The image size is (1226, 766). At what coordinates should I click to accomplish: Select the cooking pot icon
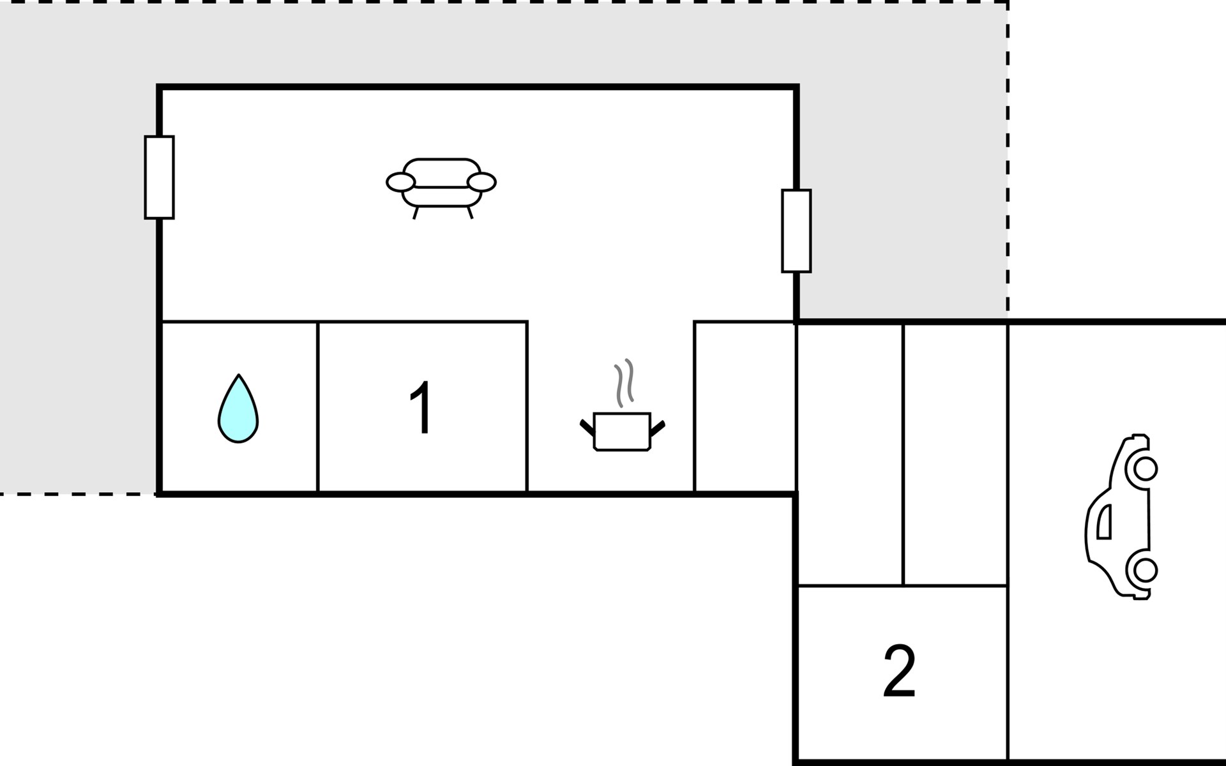[x=622, y=432]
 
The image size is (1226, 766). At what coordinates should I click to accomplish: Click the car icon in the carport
[x=1122, y=517]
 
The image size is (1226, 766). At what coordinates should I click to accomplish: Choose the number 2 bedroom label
[x=899, y=671]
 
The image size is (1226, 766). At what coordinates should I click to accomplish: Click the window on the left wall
[x=159, y=177]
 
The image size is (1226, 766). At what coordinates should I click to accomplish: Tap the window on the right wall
[x=796, y=231]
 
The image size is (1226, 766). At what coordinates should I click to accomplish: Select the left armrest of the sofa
[x=400, y=182]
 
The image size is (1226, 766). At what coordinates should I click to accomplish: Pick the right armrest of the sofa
[x=481, y=182]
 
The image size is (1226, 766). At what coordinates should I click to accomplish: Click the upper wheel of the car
[x=1145, y=469]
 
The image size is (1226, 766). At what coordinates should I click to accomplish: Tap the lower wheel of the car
[x=1145, y=569]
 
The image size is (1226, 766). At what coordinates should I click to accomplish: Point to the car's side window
[x=1104, y=521]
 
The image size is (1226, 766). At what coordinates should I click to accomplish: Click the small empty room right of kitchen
[x=745, y=407]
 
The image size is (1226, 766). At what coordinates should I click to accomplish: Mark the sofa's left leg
[x=416, y=213]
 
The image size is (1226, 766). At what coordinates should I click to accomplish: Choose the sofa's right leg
[x=470, y=213]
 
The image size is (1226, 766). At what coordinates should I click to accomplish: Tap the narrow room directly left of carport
[x=955, y=454]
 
